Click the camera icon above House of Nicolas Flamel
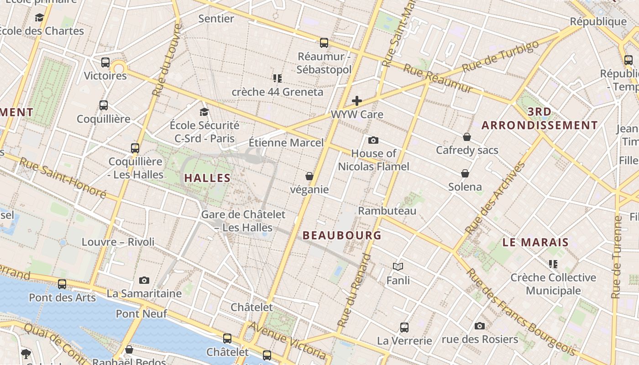pos(373,140)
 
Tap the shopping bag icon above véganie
pos(309,176)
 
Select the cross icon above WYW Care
pos(357,101)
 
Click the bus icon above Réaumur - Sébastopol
pos(324,43)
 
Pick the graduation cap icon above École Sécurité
pos(204,112)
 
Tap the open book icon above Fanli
pos(398,266)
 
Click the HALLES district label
pos(207,178)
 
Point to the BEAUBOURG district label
pos(342,235)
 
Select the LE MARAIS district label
pos(535,242)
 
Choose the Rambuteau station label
pos(387,211)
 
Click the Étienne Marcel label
pos(286,143)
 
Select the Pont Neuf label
pos(141,314)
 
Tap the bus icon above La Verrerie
pos(404,327)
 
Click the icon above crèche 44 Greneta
pos(277,78)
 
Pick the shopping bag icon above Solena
pos(465,173)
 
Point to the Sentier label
pos(216,19)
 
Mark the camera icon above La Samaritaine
pos(144,280)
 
